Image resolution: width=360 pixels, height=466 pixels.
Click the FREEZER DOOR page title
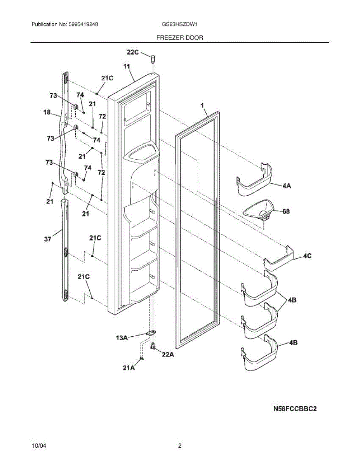tap(179, 38)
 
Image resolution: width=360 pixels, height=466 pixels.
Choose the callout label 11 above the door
tap(127, 67)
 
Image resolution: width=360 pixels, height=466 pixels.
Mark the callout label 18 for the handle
tap(47, 112)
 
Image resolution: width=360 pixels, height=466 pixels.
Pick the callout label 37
tap(47, 240)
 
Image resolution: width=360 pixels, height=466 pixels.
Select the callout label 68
tap(286, 212)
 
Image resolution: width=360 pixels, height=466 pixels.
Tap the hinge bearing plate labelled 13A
tap(150, 334)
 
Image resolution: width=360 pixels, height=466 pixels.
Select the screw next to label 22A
tap(153, 346)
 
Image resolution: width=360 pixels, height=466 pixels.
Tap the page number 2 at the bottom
tap(180, 446)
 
